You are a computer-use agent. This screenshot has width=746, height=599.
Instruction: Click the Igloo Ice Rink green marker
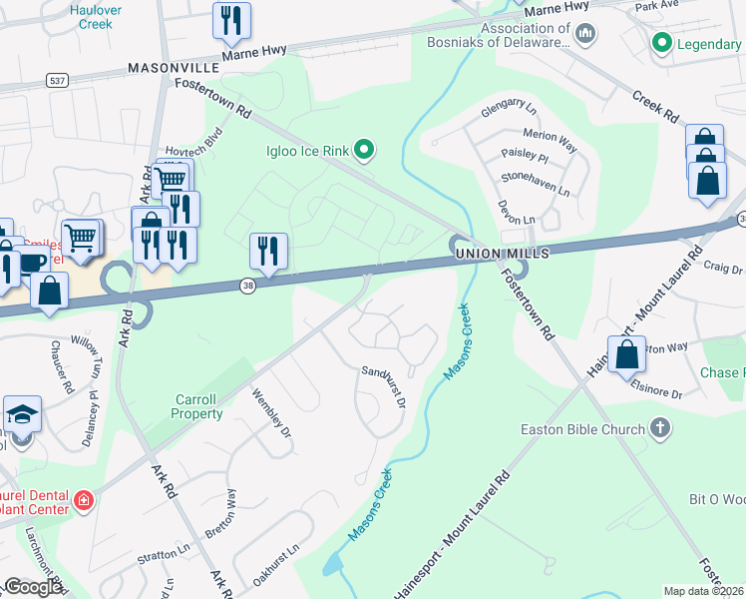(x=364, y=151)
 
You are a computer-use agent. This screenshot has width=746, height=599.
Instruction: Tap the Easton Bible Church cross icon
(x=658, y=429)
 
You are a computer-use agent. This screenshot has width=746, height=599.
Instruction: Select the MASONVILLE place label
(x=174, y=68)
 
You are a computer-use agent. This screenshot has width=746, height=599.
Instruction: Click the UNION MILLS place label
(x=502, y=255)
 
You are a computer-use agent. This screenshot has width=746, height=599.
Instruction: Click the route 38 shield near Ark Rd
(x=248, y=286)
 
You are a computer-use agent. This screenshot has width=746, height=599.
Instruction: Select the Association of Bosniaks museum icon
(x=585, y=35)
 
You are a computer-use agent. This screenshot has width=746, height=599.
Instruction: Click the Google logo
(x=33, y=587)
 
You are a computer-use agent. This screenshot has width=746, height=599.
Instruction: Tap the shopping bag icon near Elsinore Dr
(x=626, y=355)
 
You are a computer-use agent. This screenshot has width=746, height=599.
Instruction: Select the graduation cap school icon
(x=20, y=415)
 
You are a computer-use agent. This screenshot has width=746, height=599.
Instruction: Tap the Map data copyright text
(x=704, y=591)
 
